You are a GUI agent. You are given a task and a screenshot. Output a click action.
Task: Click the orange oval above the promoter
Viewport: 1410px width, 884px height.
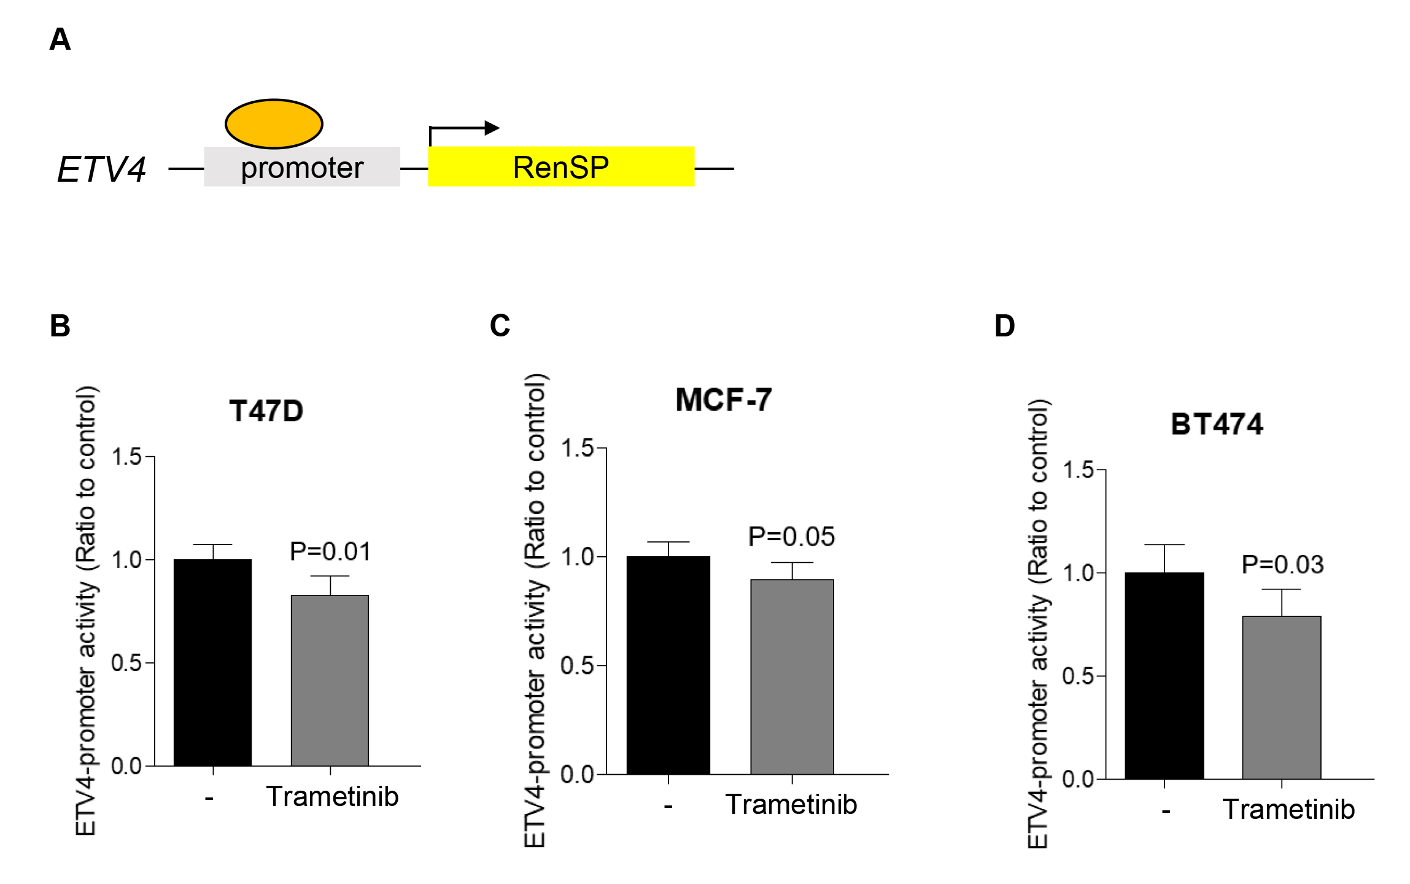coord(274,124)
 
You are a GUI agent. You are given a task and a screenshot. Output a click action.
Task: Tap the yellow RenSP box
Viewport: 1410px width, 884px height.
coord(560,167)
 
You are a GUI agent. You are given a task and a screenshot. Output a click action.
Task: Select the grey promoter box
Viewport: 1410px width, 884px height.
coord(301,167)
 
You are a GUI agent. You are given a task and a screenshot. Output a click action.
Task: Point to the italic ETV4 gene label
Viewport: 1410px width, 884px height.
coord(101,169)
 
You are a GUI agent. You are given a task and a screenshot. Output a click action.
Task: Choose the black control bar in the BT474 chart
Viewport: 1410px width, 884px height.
coord(1164,675)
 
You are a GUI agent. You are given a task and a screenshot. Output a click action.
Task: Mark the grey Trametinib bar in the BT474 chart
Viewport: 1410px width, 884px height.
coord(1281,697)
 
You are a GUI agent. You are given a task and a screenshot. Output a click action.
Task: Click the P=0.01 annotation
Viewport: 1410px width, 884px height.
coord(330,551)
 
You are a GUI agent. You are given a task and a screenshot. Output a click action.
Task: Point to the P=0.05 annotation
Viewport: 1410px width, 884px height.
coord(791,537)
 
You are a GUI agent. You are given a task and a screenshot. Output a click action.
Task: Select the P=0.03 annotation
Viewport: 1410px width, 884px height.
coord(1282,565)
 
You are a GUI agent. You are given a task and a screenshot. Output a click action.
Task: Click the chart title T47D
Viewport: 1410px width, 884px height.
coord(266,411)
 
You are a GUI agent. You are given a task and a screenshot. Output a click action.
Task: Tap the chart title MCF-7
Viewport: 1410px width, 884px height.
coord(724,400)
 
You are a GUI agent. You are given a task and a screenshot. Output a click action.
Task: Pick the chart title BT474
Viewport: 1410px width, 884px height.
coord(1217,424)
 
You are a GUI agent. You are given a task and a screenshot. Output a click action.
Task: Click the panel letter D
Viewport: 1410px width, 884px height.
coord(1004,326)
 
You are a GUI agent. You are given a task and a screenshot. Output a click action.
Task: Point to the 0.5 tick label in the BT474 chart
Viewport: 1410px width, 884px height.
coord(1077,676)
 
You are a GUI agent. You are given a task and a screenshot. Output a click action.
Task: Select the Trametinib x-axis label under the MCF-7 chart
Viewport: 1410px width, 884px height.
coord(791,804)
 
